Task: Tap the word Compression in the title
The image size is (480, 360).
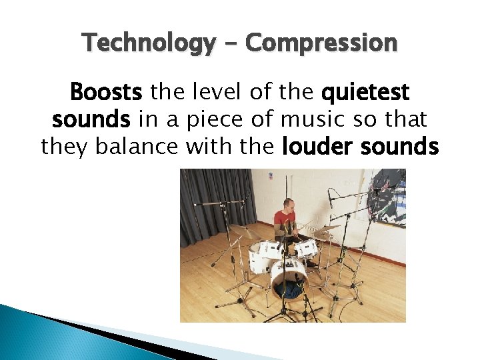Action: coord(321,44)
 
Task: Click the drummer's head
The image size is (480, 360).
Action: coord(287,203)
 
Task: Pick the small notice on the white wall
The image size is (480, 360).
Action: coord(270,177)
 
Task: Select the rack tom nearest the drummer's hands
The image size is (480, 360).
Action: coord(307,248)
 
